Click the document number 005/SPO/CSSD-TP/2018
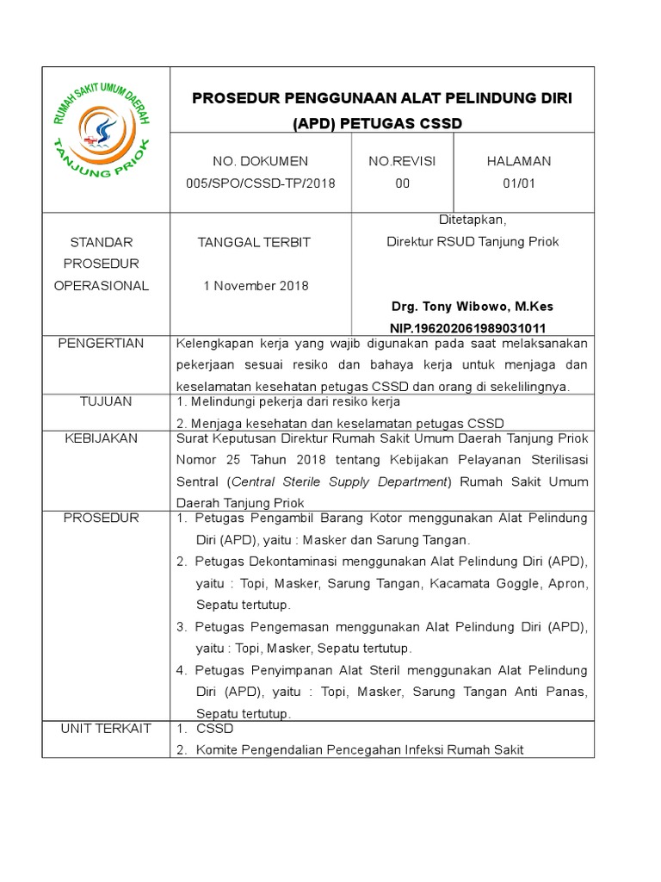260,183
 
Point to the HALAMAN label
519,161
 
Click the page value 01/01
519,183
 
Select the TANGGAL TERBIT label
256,242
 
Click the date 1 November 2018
256,285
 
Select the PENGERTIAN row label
101,344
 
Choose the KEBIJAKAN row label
101,438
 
